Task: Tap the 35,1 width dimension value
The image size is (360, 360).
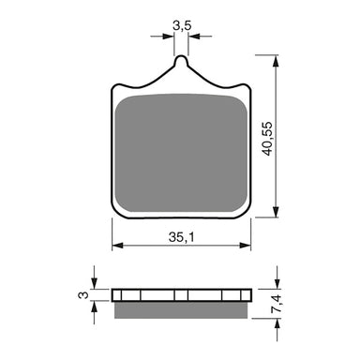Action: (x=183, y=237)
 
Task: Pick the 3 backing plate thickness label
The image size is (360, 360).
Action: (x=83, y=296)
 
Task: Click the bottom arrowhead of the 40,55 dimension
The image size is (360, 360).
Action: (x=277, y=212)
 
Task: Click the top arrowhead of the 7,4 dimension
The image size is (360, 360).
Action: (x=277, y=285)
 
